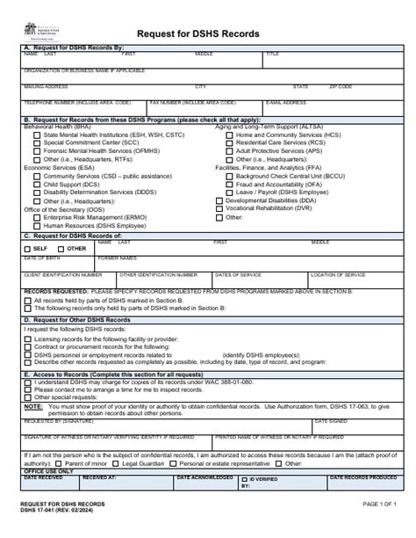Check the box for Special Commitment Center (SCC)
36,142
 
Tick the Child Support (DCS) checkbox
36,184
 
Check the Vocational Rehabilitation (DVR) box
219,208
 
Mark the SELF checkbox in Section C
28,249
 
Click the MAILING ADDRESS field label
46,87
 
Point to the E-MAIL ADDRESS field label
286,101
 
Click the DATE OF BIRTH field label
41,258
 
